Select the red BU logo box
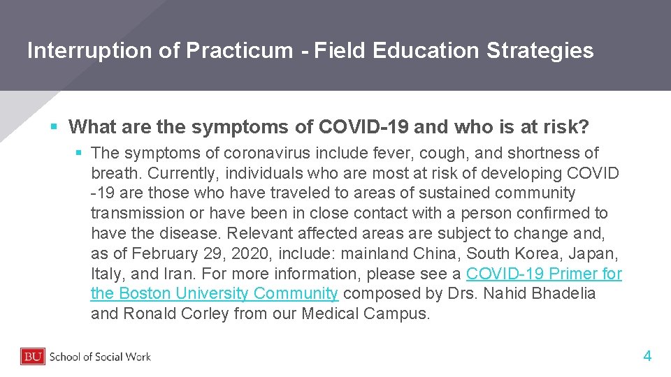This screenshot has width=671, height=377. (33, 357)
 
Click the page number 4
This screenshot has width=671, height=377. (647, 357)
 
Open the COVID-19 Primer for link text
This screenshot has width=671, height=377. (544, 274)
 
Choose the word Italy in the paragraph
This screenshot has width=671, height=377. (106, 274)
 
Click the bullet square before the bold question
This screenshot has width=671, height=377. (54, 127)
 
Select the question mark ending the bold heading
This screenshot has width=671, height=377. (584, 127)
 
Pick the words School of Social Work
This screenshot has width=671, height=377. (100, 357)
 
